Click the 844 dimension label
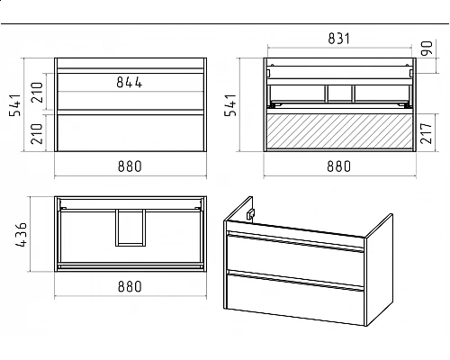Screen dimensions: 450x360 [x=130, y=82]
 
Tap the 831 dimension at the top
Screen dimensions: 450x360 [x=338, y=39]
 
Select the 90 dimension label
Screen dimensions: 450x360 [x=427, y=48]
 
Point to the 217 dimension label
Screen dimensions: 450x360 [x=426, y=133]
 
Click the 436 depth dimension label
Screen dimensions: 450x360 [x=21, y=235]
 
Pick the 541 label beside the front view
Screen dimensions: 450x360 [x=14, y=105]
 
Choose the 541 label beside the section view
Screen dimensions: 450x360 [x=230, y=105]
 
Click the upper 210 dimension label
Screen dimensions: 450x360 [x=37, y=92]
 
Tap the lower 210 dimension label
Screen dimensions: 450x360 [x=37, y=133]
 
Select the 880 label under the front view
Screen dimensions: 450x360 [x=130, y=166]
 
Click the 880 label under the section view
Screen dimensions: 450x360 [x=338, y=166]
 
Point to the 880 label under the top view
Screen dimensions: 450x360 [x=130, y=286]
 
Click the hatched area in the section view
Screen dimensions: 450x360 [x=339, y=130]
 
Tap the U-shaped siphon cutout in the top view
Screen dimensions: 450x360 [x=130, y=245]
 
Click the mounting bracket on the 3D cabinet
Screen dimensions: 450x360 [x=250, y=214]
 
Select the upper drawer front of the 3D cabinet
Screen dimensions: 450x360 [x=295, y=256]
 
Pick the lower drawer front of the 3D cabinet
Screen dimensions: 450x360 [x=295, y=297]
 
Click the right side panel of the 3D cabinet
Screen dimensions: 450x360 [x=380, y=270]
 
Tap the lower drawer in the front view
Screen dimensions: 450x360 [x=130, y=132]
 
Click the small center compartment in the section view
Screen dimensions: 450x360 [x=340, y=94]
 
